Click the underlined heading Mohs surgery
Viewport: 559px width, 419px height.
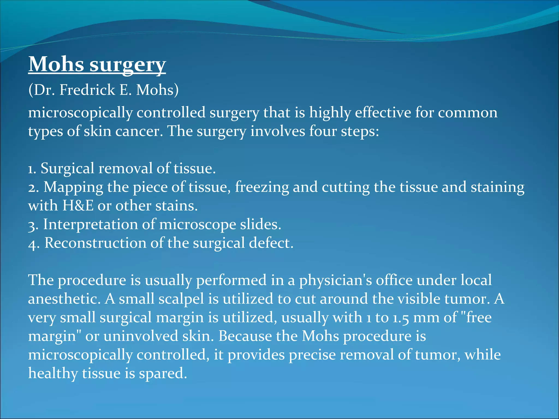coord(97,64)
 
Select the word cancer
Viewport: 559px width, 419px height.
coord(139,131)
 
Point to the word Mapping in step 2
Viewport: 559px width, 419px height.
coord(73,188)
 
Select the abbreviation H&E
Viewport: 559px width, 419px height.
coord(78,206)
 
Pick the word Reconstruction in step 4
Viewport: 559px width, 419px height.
coord(95,243)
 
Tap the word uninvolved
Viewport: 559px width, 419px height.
coord(141,336)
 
